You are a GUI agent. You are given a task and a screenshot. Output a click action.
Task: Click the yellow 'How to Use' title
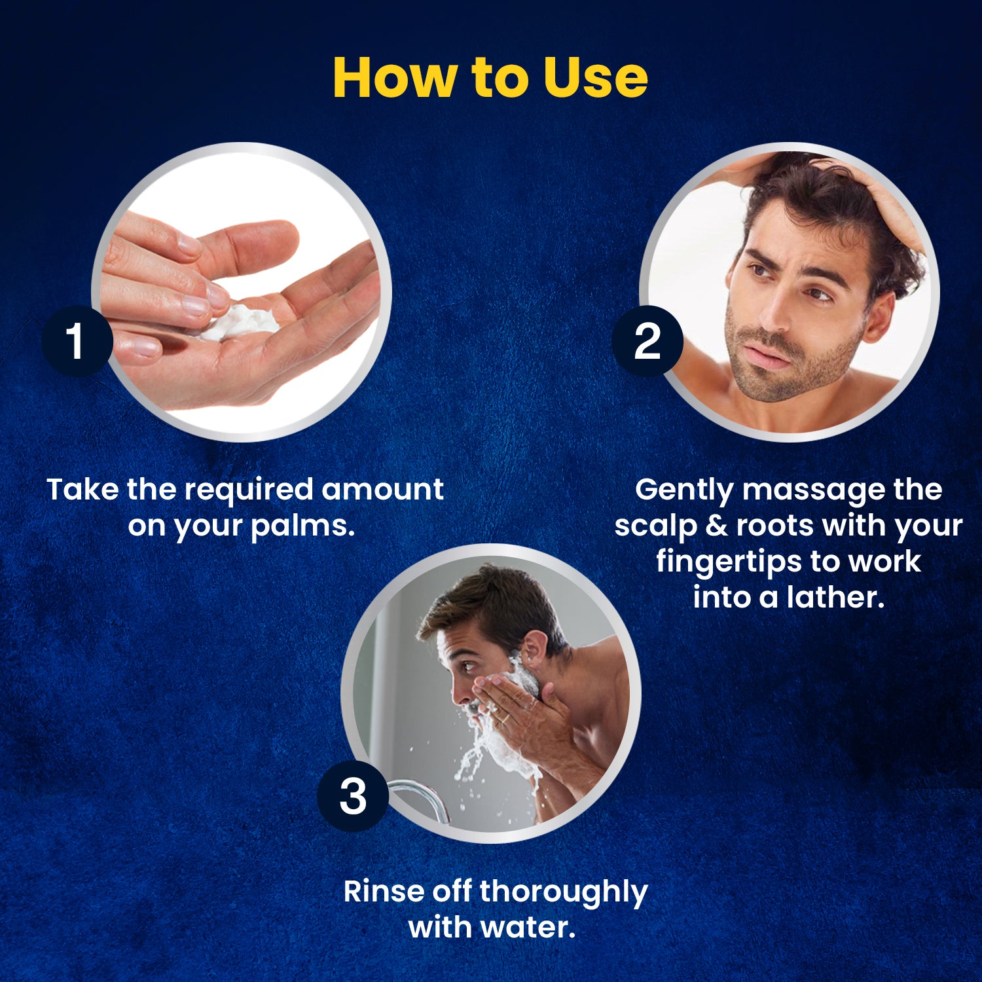click(x=490, y=77)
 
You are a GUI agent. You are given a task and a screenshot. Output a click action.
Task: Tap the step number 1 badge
click(x=77, y=341)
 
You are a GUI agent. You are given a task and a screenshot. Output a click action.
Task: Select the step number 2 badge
click(x=647, y=341)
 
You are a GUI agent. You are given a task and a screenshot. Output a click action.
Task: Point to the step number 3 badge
click(x=353, y=796)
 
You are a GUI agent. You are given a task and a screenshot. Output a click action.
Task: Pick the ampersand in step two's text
click(x=716, y=525)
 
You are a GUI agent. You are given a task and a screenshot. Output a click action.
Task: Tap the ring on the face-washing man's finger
click(x=506, y=718)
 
